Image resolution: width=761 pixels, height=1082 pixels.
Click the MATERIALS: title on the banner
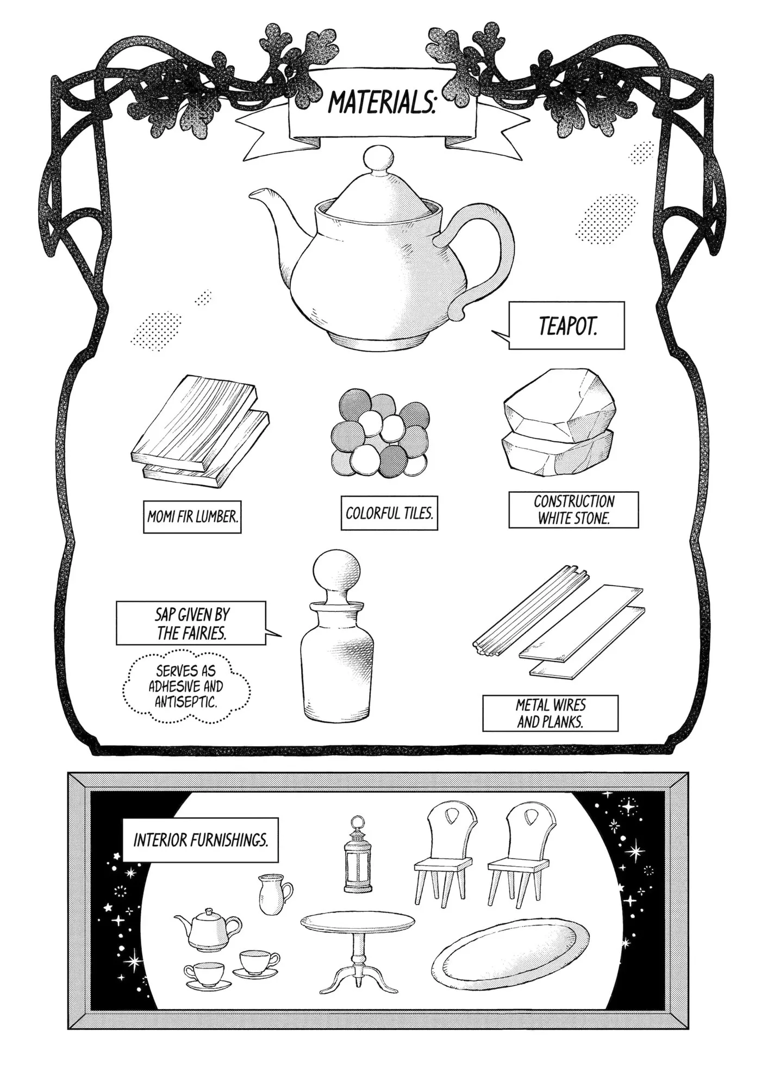pyautogui.click(x=382, y=102)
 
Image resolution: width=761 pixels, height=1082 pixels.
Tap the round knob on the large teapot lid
pyautogui.click(x=378, y=159)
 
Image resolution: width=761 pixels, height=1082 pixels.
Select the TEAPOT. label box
pyautogui.click(x=566, y=326)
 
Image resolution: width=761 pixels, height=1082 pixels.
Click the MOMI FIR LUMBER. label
pyautogui.click(x=192, y=516)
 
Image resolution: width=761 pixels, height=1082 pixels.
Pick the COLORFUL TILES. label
pyautogui.click(x=389, y=512)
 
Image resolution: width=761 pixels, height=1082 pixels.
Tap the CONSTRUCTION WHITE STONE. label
pyautogui.click(x=573, y=510)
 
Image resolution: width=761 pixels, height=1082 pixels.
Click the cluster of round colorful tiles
pyautogui.click(x=379, y=433)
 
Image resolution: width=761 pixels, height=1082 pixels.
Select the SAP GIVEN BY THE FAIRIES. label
pyautogui.click(x=191, y=623)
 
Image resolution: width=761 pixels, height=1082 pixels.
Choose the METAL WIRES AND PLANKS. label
pyautogui.click(x=550, y=713)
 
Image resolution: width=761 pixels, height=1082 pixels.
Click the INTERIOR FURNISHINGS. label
pyautogui.click(x=201, y=840)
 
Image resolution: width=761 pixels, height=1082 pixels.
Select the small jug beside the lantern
pyautogui.click(x=275, y=895)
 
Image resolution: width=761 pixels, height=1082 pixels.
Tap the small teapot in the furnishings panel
pyautogui.click(x=208, y=930)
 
